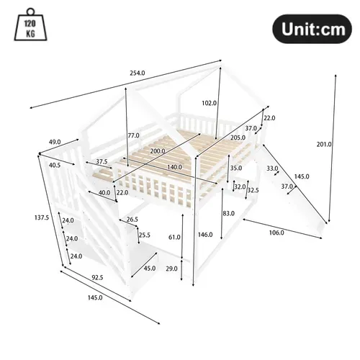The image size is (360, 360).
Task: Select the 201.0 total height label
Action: tap(325, 144)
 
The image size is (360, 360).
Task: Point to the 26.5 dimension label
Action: tap(132, 220)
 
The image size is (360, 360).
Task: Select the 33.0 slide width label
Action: tap(272, 169)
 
